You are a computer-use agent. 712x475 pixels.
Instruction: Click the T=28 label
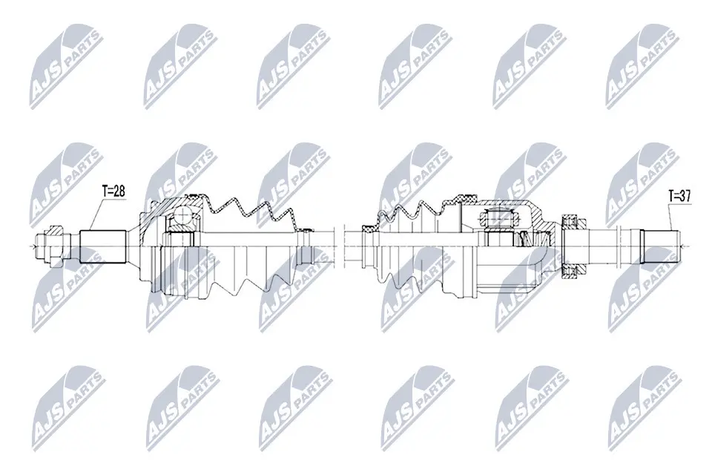click(x=113, y=191)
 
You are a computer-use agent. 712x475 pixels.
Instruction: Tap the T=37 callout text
click(x=680, y=196)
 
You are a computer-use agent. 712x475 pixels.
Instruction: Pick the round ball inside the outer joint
click(x=181, y=216)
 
